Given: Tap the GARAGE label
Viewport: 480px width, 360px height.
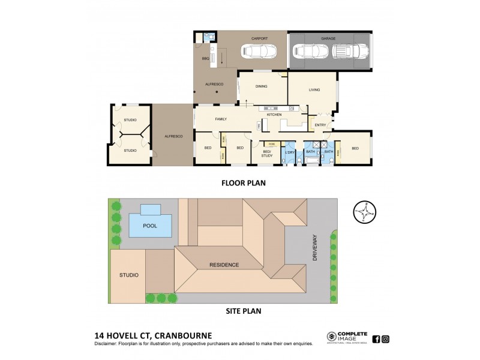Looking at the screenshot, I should pos(328,38).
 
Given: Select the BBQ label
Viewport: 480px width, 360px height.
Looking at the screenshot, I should pos(205,59).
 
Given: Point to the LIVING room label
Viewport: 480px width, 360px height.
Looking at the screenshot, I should pos(314,90).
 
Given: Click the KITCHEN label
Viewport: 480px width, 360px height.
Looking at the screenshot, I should pos(274,114).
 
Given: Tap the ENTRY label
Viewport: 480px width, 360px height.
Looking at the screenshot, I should pos(320,125).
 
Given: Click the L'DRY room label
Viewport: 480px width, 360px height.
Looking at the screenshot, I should pos(290,152).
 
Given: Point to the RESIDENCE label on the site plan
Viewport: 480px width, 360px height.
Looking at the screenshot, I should pos(224,265).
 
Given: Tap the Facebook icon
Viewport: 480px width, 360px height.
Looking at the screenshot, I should pos(376,338).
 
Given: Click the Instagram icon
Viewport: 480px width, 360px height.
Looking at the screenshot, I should pos(386,338).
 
